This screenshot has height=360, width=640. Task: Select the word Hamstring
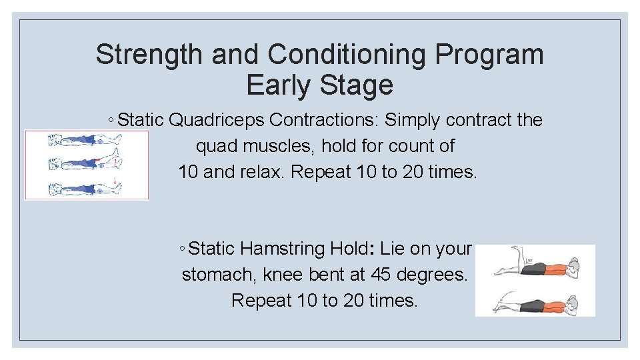282,249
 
